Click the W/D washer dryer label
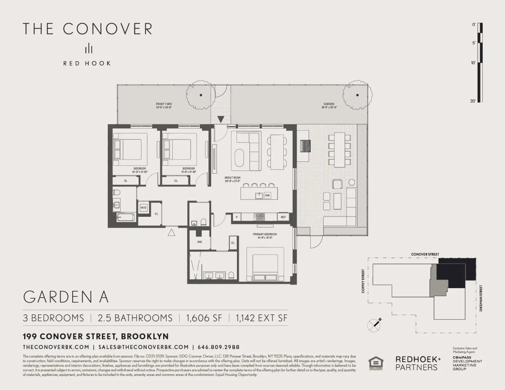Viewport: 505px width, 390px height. pyautogui.click(x=143, y=207)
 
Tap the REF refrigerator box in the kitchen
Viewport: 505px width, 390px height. pyautogui.click(x=283, y=217)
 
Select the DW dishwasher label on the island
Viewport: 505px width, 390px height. pyautogui.click(x=267, y=195)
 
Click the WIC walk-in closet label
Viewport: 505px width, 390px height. pyautogui.click(x=200, y=242)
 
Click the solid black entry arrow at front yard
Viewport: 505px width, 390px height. pyautogui.click(x=221, y=119)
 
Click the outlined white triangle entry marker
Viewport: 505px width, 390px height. pyautogui.click(x=171, y=233)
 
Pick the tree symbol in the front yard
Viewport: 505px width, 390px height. pyautogui.click(x=201, y=95)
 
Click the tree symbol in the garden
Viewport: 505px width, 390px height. pyautogui.click(x=356, y=95)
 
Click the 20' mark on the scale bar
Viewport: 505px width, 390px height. pyautogui.click(x=473, y=101)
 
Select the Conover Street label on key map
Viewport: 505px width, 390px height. pyautogui.click(x=425, y=254)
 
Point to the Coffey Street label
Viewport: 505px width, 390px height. pyautogui.click(x=363, y=281)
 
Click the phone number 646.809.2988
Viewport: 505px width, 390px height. pyautogui.click(x=219, y=347)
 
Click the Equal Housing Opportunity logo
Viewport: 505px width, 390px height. pyautogui.click(x=376, y=363)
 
